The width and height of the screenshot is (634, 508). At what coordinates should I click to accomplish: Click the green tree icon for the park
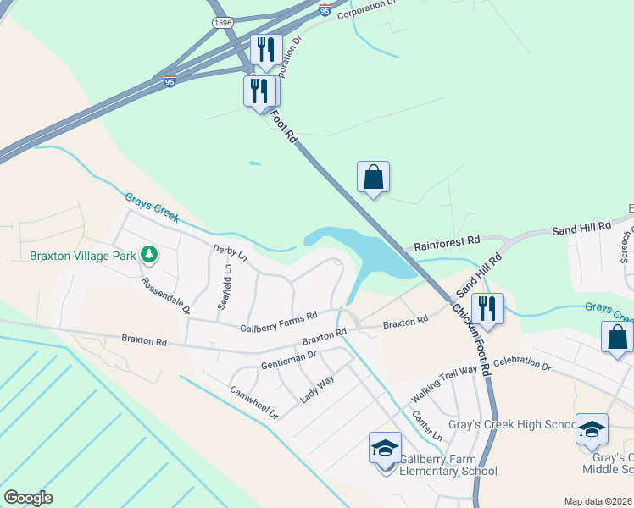pyautogui.click(x=149, y=253)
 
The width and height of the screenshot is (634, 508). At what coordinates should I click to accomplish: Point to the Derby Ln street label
pyautogui.click(x=231, y=252)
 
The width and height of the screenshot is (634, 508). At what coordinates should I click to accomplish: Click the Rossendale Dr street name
pyautogui.click(x=166, y=296)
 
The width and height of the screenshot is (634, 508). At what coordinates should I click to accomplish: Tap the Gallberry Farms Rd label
pyautogui.click(x=278, y=321)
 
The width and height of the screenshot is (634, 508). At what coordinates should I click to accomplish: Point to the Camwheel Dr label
pyautogui.click(x=254, y=403)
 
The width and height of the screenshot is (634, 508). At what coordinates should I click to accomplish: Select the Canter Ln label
pyautogui.click(x=426, y=424)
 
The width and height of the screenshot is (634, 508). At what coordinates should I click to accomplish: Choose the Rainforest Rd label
pyautogui.click(x=448, y=243)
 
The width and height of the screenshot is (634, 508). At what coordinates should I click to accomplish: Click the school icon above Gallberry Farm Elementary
pyautogui.click(x=385, y=446)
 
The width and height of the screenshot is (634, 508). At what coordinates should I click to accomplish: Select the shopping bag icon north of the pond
pyautogui.click(x=373, y=178)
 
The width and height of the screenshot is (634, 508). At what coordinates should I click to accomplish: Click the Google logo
pyautogui.click(x=28, y=498)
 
